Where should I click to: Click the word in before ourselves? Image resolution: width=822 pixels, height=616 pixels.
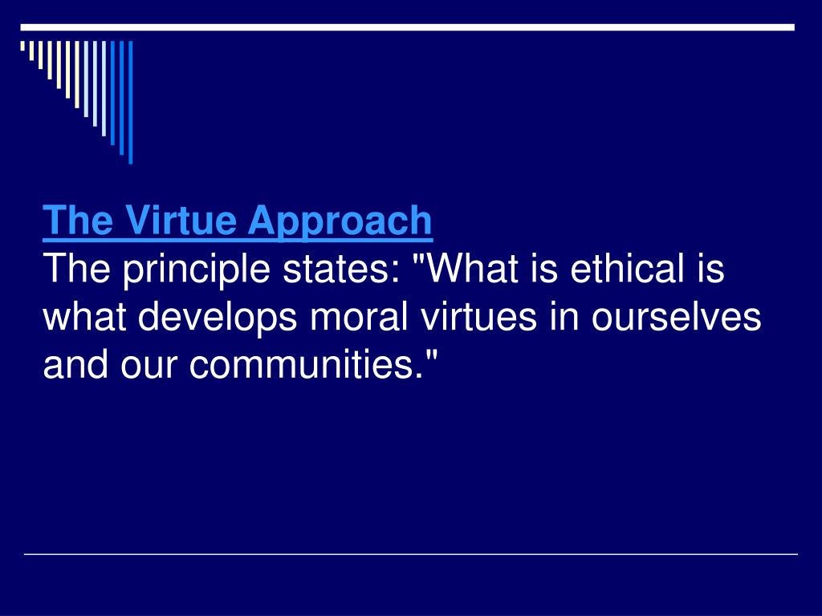coord(566,317)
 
